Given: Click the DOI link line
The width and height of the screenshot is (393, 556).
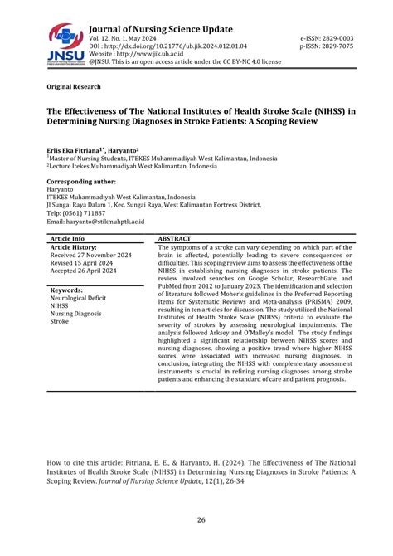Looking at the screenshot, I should pos(167,46).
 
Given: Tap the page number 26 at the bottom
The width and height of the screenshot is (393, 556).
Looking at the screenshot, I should pos(201,520).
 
